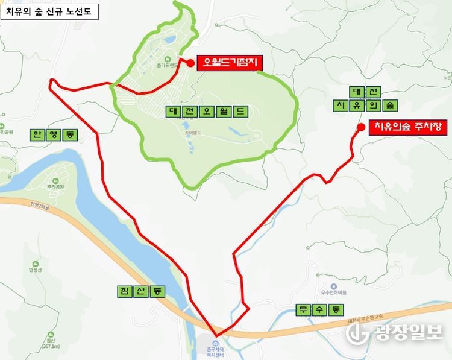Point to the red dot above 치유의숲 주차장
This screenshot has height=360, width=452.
point(360,127)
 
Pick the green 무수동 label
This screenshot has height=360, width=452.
point(319,310)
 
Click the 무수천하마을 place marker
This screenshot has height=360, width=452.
point(333,286)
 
